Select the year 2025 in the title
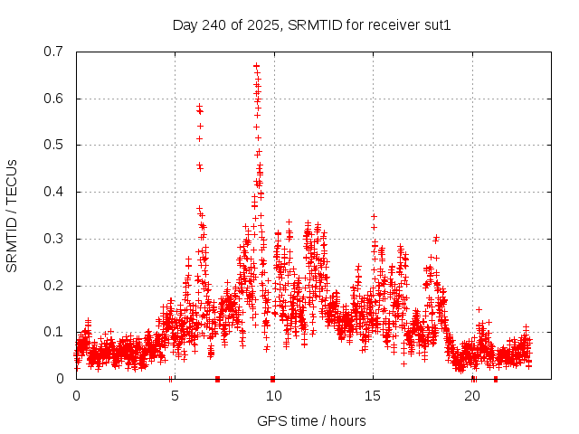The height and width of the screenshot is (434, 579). point(261,24)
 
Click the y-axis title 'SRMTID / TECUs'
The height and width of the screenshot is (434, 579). point(12,215)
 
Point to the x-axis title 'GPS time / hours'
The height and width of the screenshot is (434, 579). point(311,420)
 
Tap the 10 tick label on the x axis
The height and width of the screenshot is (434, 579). point(274,396)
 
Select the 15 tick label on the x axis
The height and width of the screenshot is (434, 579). point(373,396)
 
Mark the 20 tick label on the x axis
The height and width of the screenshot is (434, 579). point(472,396)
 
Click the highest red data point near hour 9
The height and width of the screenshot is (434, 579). point(256,65)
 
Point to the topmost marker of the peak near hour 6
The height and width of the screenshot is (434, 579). point(199,107)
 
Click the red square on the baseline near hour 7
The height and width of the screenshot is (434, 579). point(217,379)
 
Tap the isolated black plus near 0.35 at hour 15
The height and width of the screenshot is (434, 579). point(374,216)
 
